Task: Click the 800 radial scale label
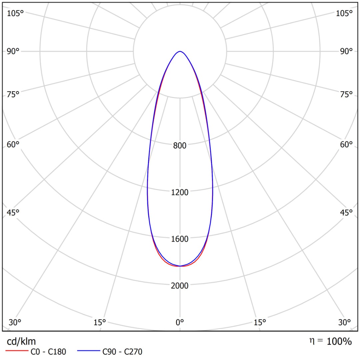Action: (x=180, y=146)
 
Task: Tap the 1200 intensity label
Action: (x=180, y=192)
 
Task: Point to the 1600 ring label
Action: (x=180, y=239)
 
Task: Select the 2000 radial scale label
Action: (x=180, y=286)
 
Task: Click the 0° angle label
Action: (x=180, y=322)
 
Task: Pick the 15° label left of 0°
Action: (x=100, y=322)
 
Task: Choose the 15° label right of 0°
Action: (x=260, y=322)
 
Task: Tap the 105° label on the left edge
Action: (x=16, y=13)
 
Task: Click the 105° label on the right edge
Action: (x=344, y=13)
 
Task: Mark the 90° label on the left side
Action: (x=13, y=51)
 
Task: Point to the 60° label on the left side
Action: (x=13, y=145)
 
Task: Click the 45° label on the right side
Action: (x=346, y=213)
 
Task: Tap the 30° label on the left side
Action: (x=15, y=322)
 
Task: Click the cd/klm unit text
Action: (x=21, y=341)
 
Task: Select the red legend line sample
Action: (x=16, y=351)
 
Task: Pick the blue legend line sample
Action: (x=88, y=351)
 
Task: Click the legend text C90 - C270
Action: (x=122, y=351)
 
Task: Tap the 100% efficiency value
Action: (x=339, y=341)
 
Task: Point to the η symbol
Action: (x=312, y=341)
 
